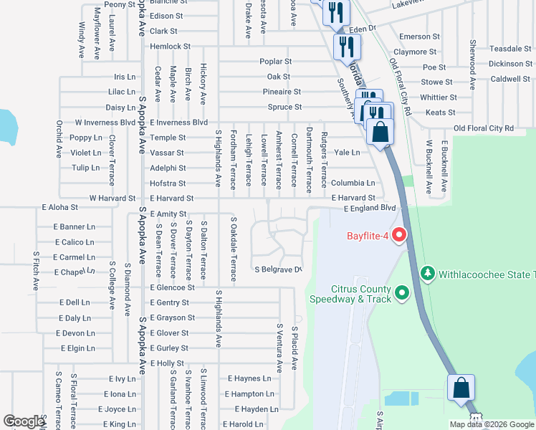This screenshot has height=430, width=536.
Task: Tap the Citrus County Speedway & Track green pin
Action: (x=401, y=292)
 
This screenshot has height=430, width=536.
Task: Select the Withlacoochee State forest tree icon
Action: (x=428, y=273)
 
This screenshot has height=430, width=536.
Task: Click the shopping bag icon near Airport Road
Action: (x=461, y=388)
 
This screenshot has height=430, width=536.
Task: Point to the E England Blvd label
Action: (x=369, y=208)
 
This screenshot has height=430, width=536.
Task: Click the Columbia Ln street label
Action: (x=353, y=183)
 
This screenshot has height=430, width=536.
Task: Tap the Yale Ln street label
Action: (x=347, y=153)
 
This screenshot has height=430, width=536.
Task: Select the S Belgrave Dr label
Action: (x=279, y=269)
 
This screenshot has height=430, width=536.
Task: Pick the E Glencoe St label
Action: (x=172, y=287)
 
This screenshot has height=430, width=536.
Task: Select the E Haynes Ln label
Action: (x=249, y=378)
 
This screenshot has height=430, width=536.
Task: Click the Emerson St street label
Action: (x=419, y=37)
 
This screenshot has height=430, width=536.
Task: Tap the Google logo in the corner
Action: (x=24, y=421)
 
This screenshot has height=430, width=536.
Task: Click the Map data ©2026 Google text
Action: (x=492, y=424)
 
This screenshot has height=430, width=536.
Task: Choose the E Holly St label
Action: (x=167, y=363)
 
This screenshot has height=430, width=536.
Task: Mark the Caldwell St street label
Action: (x=509, y=79)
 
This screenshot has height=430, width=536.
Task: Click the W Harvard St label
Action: (x=112, y=198)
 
